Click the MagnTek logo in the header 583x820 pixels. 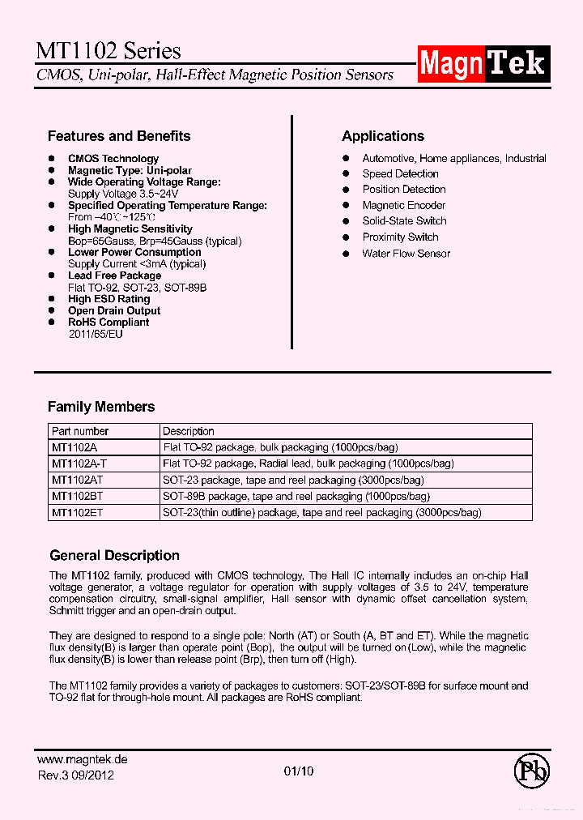click(483, 62)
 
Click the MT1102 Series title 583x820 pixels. click(109, 51)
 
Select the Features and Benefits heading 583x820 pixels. click(119, 136)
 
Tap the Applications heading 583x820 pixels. click(382, 136)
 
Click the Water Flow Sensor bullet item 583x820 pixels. click(406, 254)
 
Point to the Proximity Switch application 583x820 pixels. click(400, 237)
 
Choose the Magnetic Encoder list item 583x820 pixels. click(403, 206)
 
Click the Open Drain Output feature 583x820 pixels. click(114, 311)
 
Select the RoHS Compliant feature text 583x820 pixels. click(109, 322)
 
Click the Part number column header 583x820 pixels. click(80, 432)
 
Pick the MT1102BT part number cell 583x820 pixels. click(76, 497)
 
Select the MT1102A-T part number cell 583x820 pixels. click(79, 464)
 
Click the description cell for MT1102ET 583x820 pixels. click(321, 513)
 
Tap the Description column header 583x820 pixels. click(189, 432)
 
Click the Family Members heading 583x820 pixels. click(101, 407)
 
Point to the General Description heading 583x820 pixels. click(114, 556)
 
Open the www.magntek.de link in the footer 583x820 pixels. click(83, 760)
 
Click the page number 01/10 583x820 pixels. click(299, 771)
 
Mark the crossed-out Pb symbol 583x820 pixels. click(531, 771)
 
